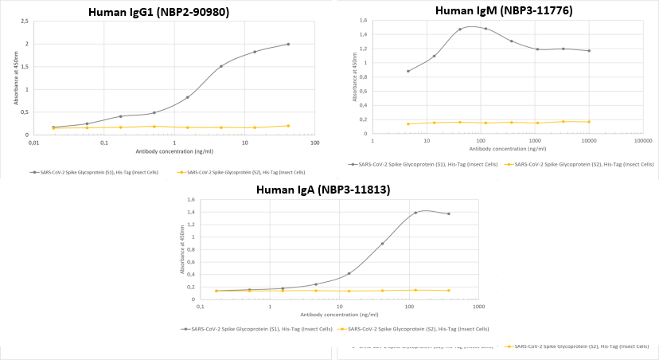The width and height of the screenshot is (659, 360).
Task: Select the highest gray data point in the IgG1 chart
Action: [288, 44]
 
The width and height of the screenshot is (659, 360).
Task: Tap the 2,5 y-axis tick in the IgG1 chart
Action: [25, 22]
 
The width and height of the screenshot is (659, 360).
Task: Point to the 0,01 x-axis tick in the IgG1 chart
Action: [33, 143]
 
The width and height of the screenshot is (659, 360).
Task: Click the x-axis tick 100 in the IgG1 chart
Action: [315, 143]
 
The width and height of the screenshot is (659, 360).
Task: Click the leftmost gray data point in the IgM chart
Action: [408, 71]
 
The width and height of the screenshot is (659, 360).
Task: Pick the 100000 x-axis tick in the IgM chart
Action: [643, 141]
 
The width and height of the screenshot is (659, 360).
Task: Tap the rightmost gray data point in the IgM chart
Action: [589, 51]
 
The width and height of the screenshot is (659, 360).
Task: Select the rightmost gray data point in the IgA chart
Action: [449, 213]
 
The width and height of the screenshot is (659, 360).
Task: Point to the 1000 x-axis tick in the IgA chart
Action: [478, 307]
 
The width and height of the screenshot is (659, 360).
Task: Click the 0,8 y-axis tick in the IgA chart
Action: [190, 249]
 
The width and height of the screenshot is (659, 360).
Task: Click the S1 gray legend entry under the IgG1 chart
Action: [99, 172]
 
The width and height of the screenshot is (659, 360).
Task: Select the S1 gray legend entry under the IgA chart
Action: [256, 328]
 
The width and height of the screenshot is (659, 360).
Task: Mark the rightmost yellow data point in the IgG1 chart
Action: [288, 126]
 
